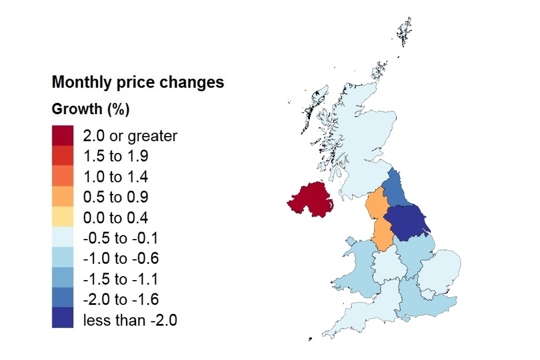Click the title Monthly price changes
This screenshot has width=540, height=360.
138,83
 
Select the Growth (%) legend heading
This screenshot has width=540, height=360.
91,109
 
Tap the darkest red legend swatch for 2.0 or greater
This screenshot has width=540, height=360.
62,136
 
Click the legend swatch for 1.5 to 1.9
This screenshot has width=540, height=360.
62,156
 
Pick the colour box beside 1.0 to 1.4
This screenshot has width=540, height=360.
62,177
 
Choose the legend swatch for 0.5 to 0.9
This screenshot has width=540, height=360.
62,197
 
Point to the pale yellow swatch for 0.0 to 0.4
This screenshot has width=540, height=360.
62,218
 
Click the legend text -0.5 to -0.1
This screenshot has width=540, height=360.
120,238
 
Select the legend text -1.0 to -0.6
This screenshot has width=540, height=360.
120,259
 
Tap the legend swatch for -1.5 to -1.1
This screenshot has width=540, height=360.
62,279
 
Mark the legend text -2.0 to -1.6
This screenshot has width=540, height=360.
120,300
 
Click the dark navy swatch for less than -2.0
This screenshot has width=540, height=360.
62,320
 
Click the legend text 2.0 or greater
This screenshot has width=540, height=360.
130,136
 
